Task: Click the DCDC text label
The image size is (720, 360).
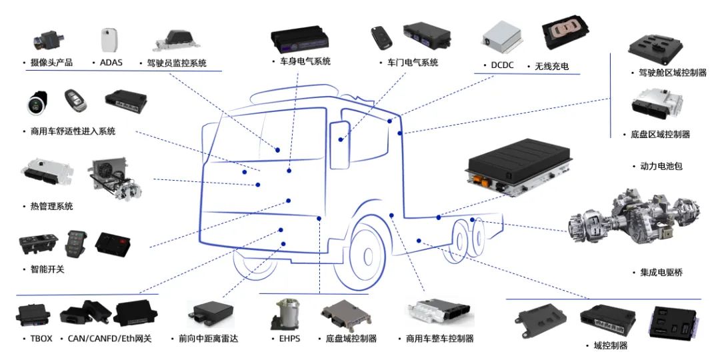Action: pyautogui.click(x=503, y=66)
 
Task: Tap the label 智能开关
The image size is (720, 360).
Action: pyautogui.click(x=43, y=270)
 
